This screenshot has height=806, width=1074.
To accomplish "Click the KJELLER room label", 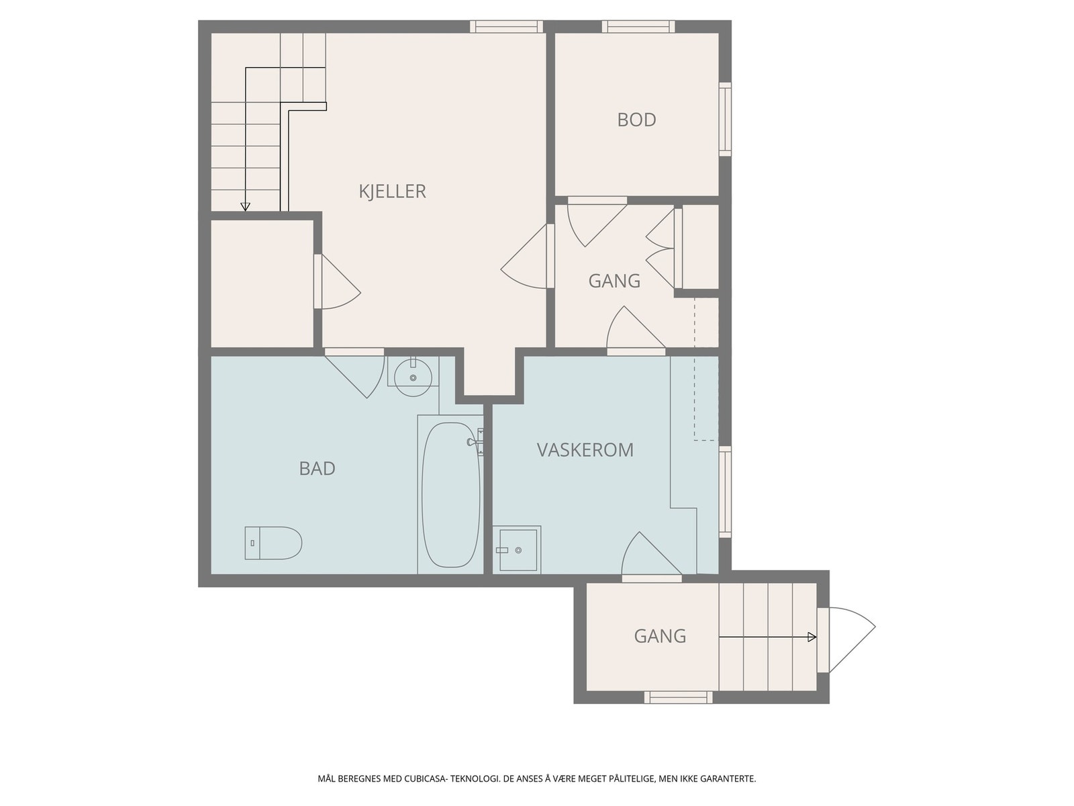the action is tap(393, 191).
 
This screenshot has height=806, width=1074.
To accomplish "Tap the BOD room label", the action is tap(636, 120).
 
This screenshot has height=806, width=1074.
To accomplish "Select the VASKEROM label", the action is tap(585, 450).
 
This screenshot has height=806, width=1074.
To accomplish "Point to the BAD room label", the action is tap(317, 469).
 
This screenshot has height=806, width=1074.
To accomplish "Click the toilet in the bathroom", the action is tap(273, 543).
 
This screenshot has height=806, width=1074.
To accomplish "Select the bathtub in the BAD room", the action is tap(450, 495).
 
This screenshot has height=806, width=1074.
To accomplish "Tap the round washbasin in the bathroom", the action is tap(413, 377).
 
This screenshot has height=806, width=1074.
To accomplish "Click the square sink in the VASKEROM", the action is tap(516, 549).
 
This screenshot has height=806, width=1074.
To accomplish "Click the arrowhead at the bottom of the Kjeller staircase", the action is tap(245, 207).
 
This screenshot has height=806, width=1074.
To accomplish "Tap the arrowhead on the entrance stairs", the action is tap(812, 637).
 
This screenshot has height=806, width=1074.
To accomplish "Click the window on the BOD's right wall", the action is tap(725, 120).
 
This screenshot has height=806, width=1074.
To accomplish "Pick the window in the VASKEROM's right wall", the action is tap(725, 492).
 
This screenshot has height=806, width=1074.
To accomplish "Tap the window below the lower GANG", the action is tap(678, 697).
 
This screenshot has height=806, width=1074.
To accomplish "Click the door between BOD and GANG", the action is tap(597, 223).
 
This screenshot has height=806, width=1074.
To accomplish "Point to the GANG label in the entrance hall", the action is tap(660, 636).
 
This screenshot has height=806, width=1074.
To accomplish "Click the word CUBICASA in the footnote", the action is tap(425, 778).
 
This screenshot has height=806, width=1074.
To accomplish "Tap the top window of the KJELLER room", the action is tap(506, 26).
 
